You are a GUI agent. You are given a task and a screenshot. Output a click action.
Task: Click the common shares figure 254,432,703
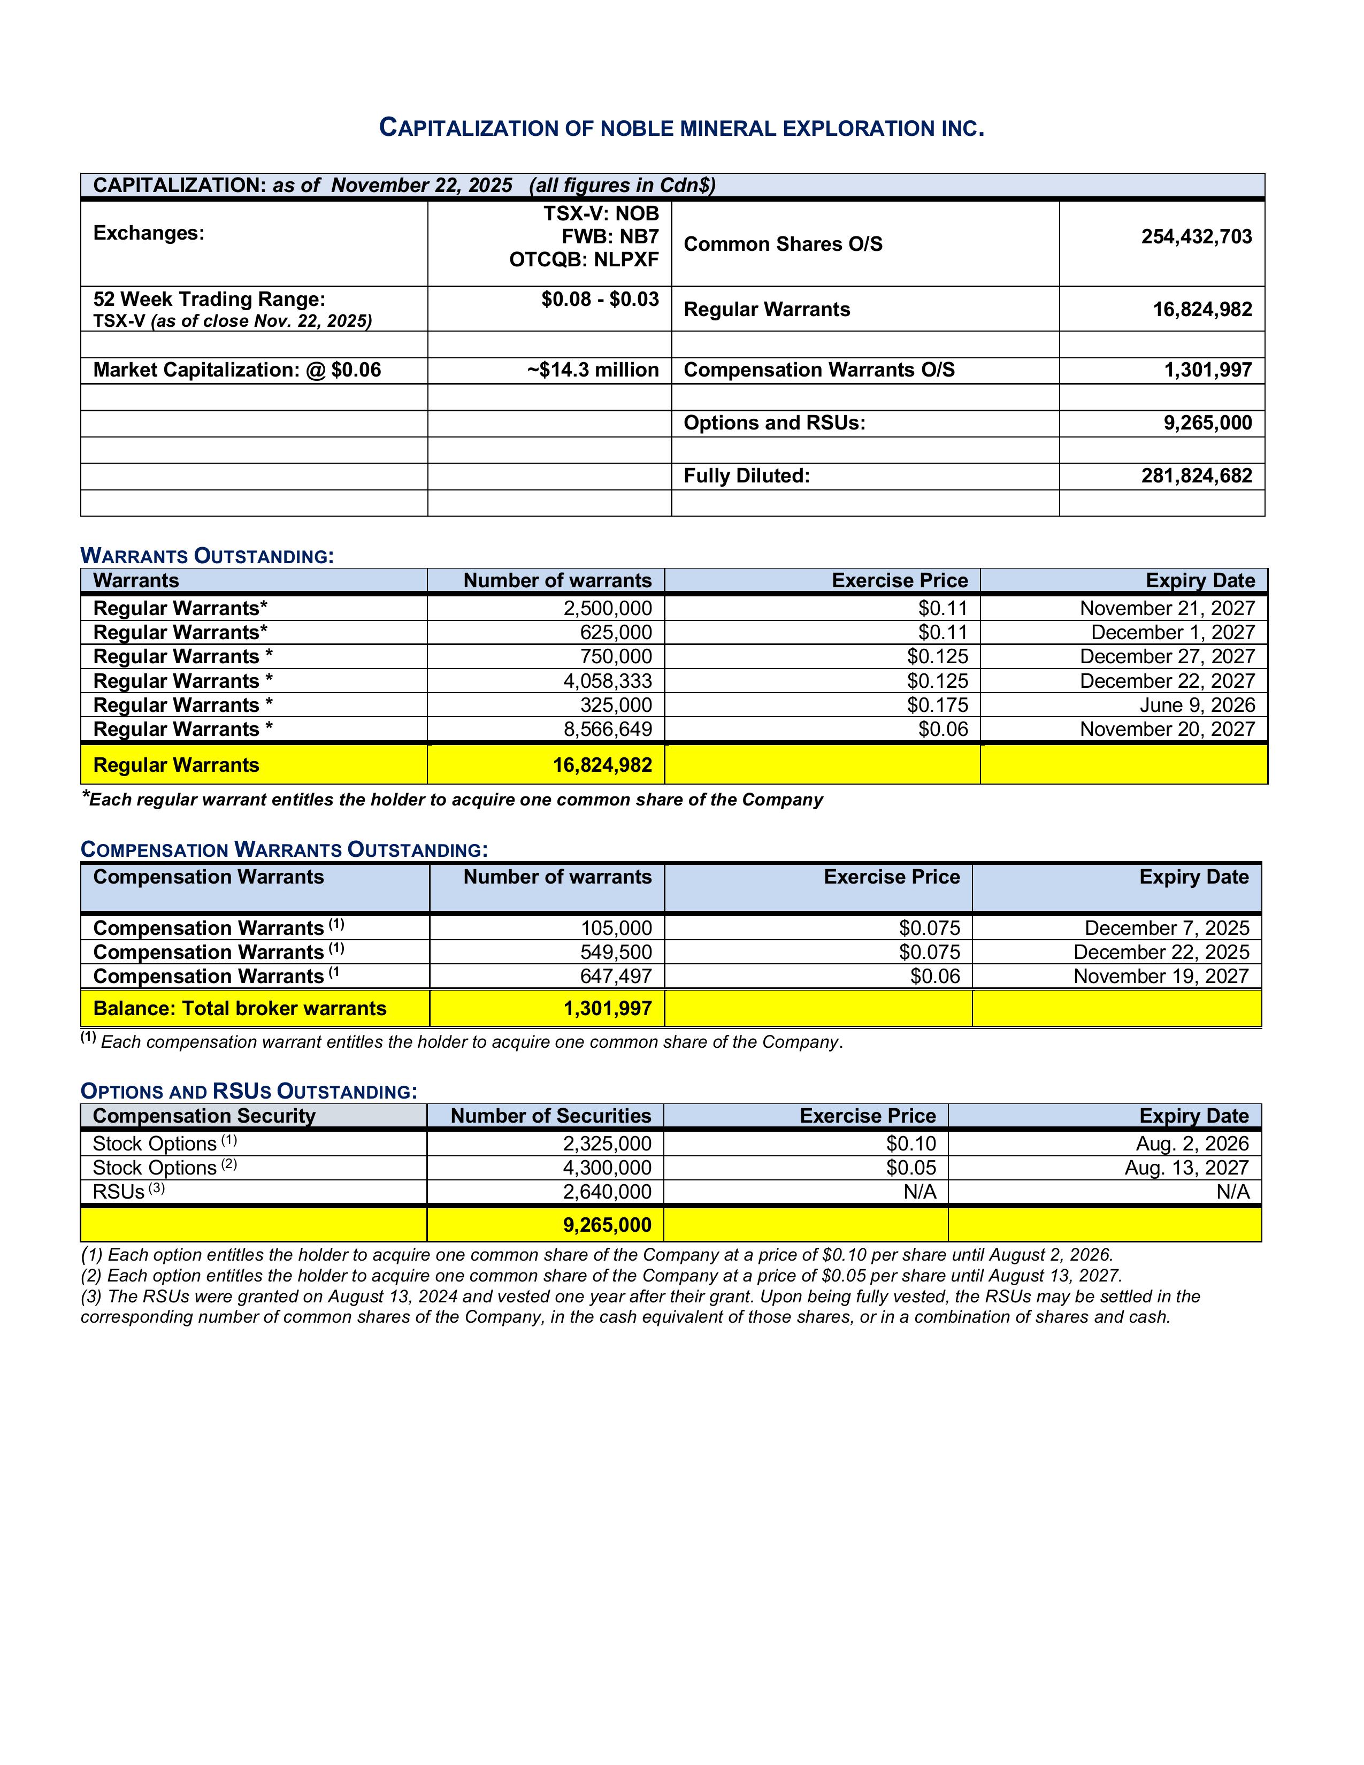click(1196, 237)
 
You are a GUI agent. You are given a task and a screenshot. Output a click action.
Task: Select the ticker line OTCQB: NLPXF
click(584, 259)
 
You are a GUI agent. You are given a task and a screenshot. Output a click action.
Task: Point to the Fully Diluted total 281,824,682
click(1196, 476)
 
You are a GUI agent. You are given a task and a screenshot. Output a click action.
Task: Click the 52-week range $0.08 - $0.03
click(600, 300)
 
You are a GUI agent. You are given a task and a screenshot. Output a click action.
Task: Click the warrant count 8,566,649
click(607, 730)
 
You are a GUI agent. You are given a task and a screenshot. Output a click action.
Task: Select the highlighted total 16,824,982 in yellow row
click(602, 765)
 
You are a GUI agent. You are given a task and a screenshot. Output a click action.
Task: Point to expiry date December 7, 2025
click(1166, 928)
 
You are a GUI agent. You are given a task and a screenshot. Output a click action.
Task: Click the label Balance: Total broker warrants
click(240, 1009)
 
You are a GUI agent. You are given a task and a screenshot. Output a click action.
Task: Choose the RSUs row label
click(119, 1192)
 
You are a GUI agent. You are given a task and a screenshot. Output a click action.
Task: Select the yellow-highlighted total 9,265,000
click(607, 1225)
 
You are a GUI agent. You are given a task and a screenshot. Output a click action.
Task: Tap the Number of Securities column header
click(550, 1116)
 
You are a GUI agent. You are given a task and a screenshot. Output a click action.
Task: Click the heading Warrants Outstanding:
click(207, 556)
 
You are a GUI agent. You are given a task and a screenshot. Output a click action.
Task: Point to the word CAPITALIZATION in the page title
click(470, 128)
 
